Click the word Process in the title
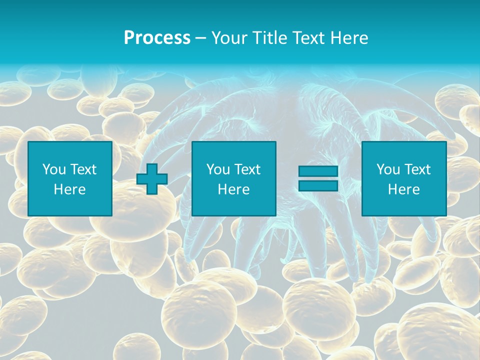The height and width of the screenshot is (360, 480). point(157,38)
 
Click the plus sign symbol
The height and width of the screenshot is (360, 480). point(152,179)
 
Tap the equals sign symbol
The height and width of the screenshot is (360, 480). point(318,178)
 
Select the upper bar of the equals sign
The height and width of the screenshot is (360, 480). point(318,171)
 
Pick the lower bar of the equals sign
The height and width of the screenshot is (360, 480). point(318,186)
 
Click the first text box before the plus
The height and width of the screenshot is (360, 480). point(70,178)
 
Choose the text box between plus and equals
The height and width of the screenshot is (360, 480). point(233,178)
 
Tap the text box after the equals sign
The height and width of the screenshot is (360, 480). point(403,178)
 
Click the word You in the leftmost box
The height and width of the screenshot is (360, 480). point(54,169)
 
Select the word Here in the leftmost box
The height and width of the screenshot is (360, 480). point(70,189)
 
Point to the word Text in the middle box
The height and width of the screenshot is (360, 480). point(247,169)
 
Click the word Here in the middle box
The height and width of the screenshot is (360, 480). point(233,189)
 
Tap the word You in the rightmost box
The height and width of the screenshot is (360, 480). point(388,169)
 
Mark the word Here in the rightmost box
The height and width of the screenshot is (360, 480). point(403,189)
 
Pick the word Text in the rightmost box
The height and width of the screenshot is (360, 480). point(417,169)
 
